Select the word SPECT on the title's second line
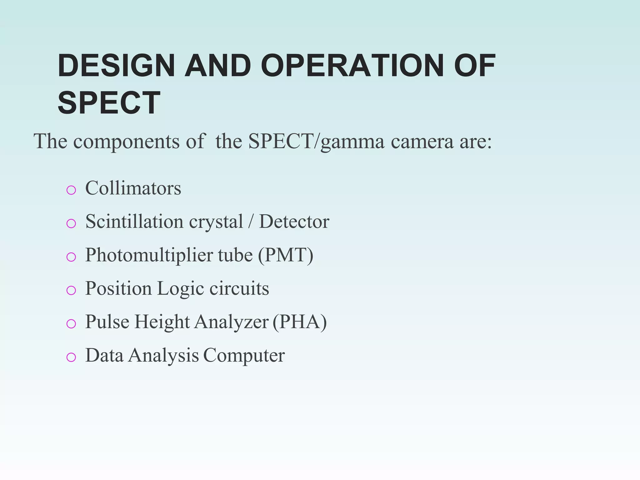109,103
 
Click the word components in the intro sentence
126,141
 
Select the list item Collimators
133,188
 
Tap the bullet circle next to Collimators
71,190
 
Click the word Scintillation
134,222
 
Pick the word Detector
294,222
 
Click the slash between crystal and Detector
251,222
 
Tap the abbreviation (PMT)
286,255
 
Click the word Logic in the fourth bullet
180,288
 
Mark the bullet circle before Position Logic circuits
71,290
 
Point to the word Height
162,322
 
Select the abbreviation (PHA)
300,322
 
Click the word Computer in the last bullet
244,355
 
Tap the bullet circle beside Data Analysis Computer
71,357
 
